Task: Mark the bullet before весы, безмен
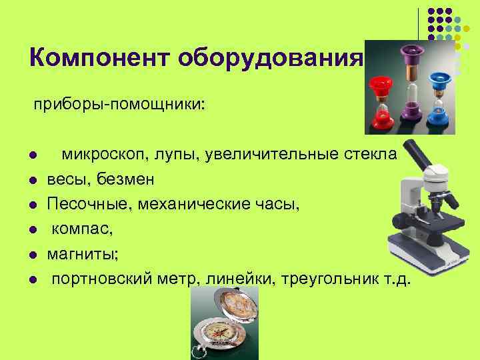point(31,181)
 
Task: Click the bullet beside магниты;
point(31,254)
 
